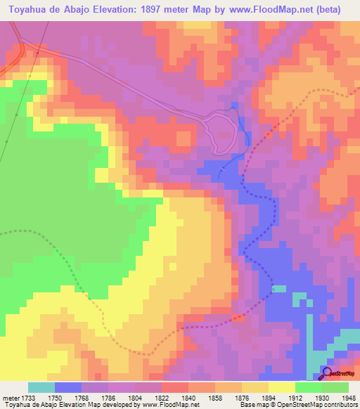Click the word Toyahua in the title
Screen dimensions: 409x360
click(x=30, y=10)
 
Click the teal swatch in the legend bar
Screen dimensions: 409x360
click(x=41, y=387)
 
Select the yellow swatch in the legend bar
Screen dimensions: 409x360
click(x=282, y=387)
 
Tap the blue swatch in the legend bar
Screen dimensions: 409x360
click(x=68, y=387)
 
